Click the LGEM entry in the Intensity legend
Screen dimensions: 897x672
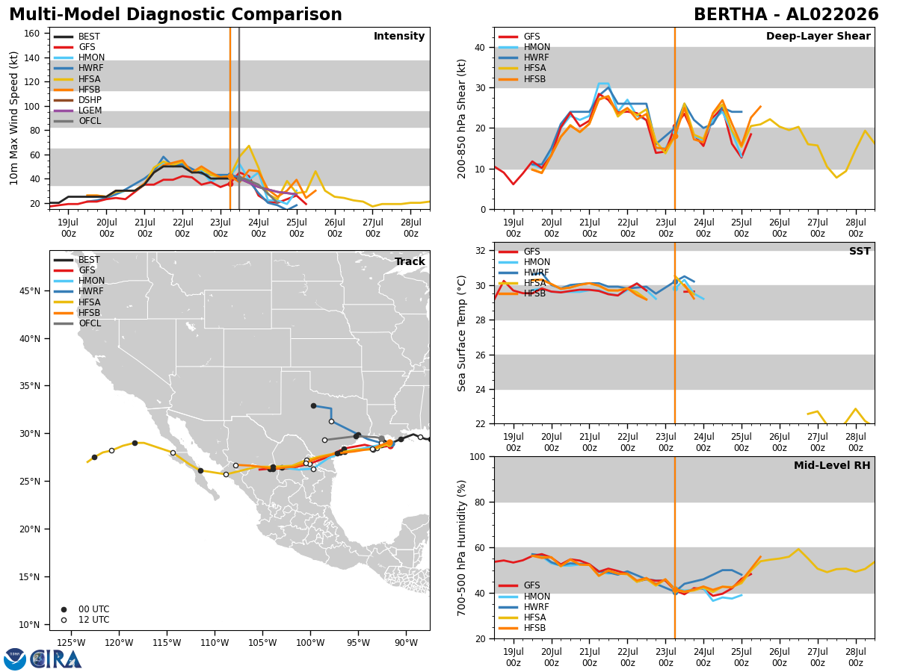point(78,111)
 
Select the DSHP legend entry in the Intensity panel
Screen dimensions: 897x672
point(78,100)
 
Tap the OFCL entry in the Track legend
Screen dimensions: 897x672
point(78,323)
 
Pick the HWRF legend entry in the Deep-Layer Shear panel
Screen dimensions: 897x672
point(523,57)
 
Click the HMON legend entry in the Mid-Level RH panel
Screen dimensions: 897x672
point(524,597)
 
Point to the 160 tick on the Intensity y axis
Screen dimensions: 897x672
point(32,34)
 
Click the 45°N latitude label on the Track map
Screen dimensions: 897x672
point(30,291)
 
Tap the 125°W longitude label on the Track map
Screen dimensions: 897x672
point(71,644)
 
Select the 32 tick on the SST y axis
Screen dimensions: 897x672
point(481,251)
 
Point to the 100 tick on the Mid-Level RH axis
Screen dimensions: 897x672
point(478,457)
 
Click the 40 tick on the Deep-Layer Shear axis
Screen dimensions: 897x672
point(481,48)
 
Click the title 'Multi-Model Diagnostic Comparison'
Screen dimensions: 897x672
point(176,15)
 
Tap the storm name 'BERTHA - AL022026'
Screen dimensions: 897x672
point(786,15)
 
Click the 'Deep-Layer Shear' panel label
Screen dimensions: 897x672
point(818,37)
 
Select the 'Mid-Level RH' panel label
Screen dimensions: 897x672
point(832,465)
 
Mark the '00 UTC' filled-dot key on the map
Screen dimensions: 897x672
point(85,609)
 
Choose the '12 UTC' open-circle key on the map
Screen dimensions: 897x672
point(85,620)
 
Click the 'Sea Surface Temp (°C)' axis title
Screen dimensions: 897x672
point(461,334)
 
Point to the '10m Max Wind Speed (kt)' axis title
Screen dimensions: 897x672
point(13,118)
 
